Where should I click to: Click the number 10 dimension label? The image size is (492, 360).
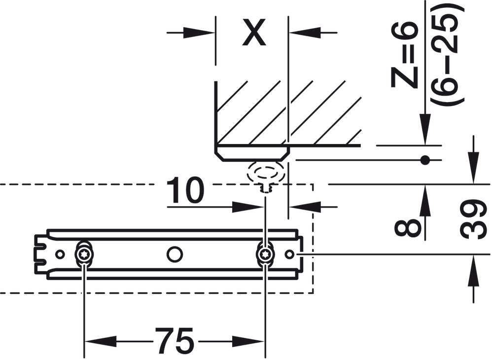[x=185, y=191]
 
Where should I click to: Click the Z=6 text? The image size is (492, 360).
[x=405, y=57]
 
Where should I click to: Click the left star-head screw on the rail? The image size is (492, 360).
[x=83, y=254]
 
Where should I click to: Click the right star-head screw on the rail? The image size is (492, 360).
[x=266, y=254]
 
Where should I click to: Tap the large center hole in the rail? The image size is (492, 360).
[x=174, y=254]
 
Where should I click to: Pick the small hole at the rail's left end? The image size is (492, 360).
[x=60, y=254]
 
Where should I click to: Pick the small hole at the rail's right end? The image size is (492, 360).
[x=290, y=254]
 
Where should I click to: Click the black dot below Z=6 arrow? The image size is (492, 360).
[x=424, y=160]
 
